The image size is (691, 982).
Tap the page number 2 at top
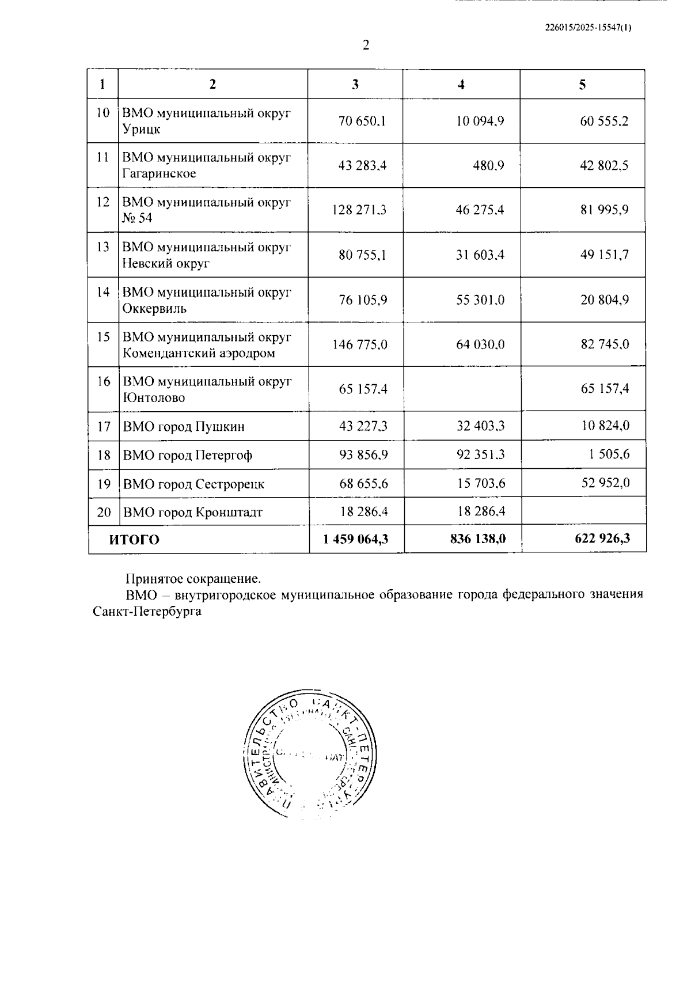(x=366, y=46)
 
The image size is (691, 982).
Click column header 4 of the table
(x=461, y=85)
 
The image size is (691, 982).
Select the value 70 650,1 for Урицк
(x=362, y=121)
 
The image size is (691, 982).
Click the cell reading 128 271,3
(x=359, y=210)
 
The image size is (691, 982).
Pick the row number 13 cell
(x=102, y=247)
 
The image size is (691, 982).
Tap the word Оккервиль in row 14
(x=154, y=308)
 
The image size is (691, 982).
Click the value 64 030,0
(x=480, y=344)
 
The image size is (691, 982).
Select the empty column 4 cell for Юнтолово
(x=462, y=389)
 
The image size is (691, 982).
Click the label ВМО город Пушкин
(x=183, y=427)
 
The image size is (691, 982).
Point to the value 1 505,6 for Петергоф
(x=609, y=454)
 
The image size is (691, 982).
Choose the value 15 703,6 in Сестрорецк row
(x=481, y=483)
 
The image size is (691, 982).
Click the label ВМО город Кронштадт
(x=192, y=512)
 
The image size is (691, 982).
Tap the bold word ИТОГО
(x=134, y=540)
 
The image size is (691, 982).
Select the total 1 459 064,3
(x=355, y=539)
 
